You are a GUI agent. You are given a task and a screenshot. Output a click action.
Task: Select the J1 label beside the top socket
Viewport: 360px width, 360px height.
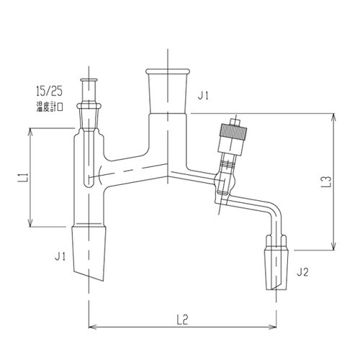(204, 94)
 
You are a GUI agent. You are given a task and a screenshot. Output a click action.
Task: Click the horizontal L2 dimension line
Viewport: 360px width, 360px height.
(182, 325)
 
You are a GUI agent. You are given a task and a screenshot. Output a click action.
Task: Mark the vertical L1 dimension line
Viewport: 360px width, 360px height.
(30, 176)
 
